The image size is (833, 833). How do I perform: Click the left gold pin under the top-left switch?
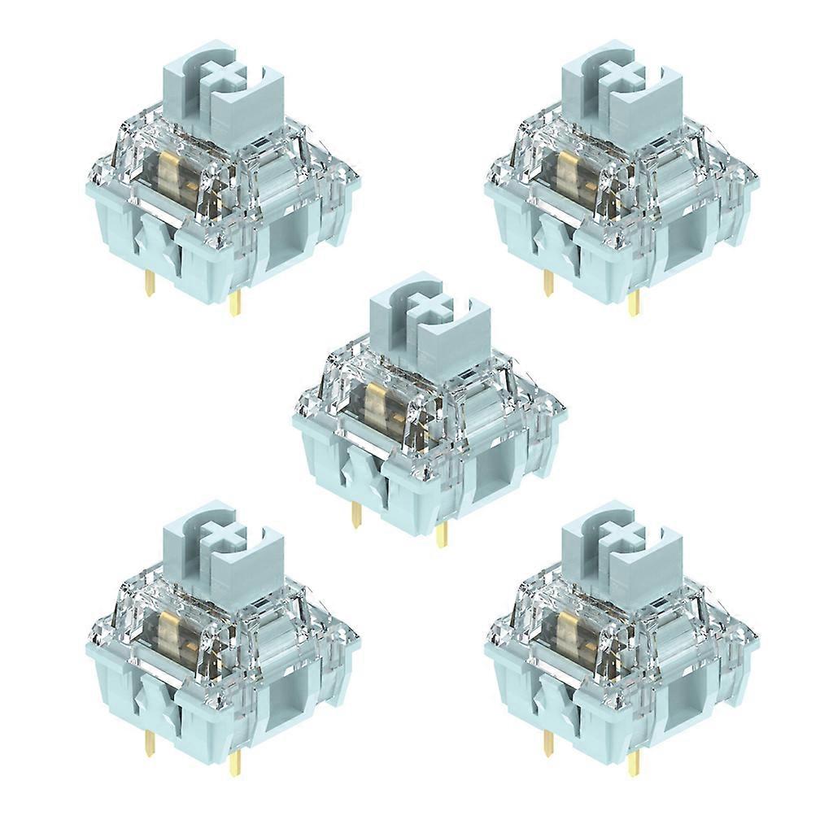(149, 283)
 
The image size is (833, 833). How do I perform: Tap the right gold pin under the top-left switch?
(235, 303)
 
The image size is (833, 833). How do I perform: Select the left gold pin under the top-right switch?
(547, 283)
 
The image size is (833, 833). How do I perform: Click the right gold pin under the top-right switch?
(634, 303)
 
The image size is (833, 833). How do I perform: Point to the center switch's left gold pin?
(355, 514)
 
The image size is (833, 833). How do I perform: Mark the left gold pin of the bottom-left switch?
(149, 742)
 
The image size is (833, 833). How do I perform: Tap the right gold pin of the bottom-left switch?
(235, 761)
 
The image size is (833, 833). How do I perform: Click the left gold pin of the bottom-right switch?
(547, 742)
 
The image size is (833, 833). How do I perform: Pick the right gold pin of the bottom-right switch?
(634, 761)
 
